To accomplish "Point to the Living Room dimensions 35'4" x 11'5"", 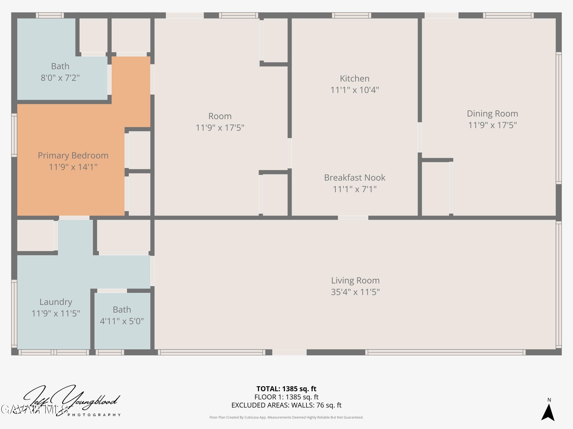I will click(355, 292).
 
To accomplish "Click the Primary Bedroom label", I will click(73, 155).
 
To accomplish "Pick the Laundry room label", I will click(56, 302).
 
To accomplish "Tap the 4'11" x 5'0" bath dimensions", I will click(122, 321).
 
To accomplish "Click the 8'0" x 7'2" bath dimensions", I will click(60, 78).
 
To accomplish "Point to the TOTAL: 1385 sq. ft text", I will click(286, 389).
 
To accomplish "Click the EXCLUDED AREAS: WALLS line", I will click(286, 405).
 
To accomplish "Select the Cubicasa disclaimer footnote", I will click(286, 417).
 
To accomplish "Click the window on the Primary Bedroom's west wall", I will click(14, 135).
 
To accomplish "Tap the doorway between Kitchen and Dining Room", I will click(420, 137).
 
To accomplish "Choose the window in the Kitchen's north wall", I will click(351, 15).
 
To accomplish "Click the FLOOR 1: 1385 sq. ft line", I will click(286, 397).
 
